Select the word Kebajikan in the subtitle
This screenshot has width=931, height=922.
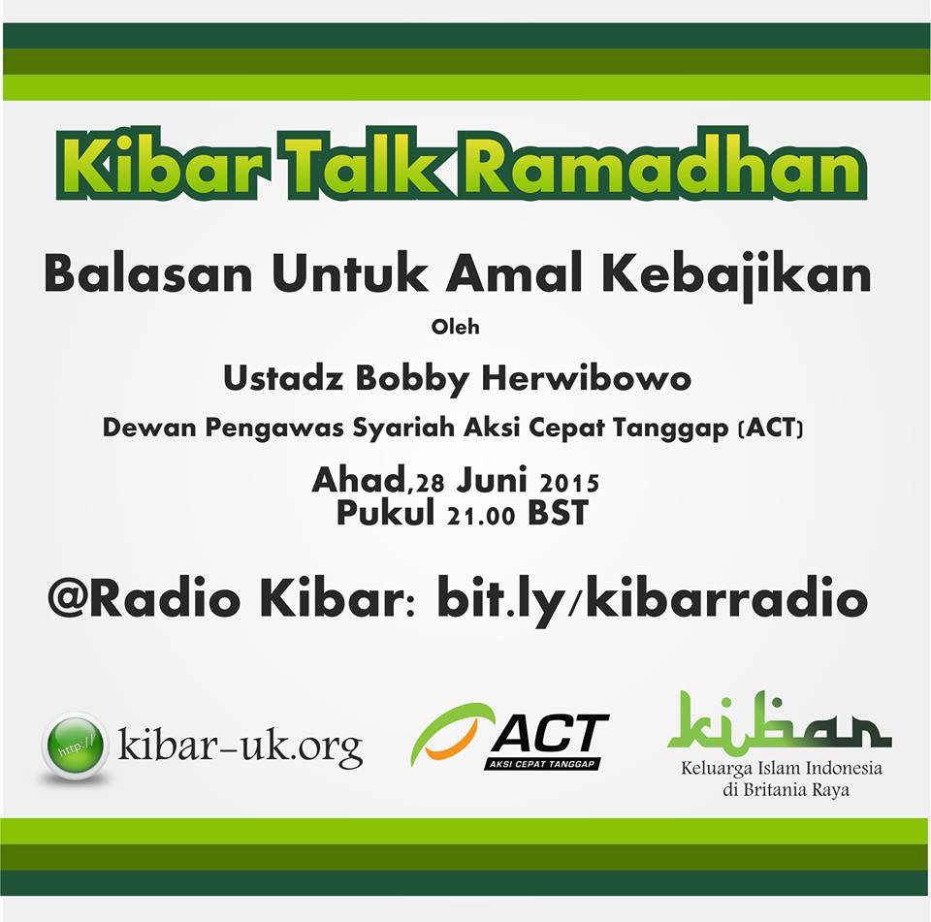736,276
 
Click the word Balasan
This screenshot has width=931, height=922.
148,274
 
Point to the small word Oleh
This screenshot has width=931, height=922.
456,327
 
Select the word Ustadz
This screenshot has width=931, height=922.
283,378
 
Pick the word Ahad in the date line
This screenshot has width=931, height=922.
360,480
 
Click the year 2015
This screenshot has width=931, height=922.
569,483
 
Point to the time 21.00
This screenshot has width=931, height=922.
481,516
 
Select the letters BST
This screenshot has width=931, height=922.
558,513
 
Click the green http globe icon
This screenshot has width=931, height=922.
75,746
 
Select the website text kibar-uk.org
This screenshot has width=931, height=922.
241,747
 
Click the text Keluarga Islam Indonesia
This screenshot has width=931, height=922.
782,769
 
